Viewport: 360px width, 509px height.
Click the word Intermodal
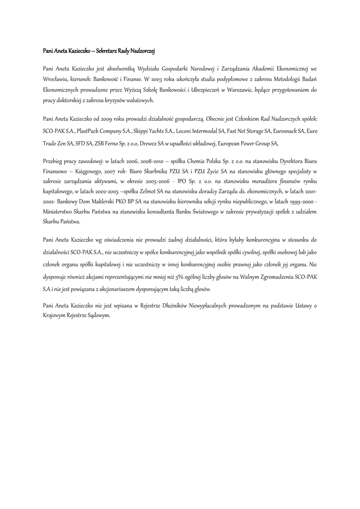pos(209,131)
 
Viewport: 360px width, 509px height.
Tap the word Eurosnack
pos(286,131)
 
